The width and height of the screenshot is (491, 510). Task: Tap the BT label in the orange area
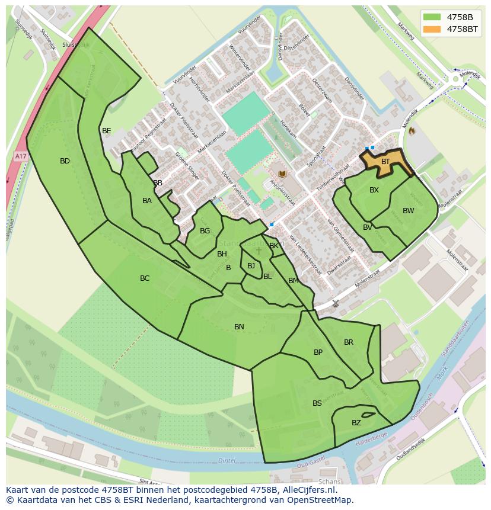[x=385, y=162]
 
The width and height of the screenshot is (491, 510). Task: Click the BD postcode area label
[x=65, y=161]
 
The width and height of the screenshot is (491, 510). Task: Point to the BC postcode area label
[x=145, y=278]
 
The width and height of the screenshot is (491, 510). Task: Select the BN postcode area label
[x=239, y=327]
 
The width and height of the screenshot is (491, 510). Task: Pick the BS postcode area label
[x=317, y=403]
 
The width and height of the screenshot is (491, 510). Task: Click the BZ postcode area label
[x=356, y=423]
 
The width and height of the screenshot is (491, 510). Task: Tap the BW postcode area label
[x=408, y=211]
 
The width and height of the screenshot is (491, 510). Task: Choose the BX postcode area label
[x=374, y=190]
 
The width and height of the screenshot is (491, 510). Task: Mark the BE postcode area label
[x=106, y=131]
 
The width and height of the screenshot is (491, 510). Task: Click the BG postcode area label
[x=205, y=231]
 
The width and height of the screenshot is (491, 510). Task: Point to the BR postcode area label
[x=349, y=342]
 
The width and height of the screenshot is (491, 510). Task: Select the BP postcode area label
[x=318, y=352]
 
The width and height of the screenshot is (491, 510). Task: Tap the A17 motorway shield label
[x=21, y=156]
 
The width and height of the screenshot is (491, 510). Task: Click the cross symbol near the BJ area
[x=259, y=251]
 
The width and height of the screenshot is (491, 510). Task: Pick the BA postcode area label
[x=147, y=201]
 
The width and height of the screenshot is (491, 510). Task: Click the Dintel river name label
[x=227, y=460]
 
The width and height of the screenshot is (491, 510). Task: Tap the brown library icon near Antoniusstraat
[x=282, y=174]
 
